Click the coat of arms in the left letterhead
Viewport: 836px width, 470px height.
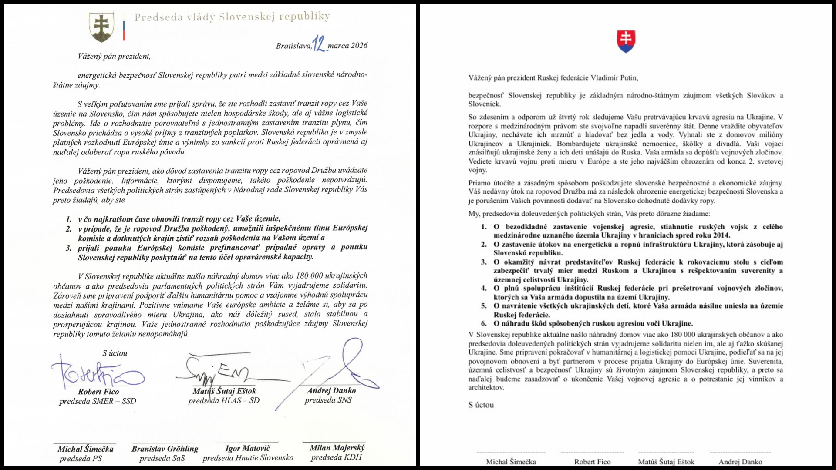pos(101,27)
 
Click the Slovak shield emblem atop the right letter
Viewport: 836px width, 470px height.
pos(626,41)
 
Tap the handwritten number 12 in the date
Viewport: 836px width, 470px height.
pos(320,44)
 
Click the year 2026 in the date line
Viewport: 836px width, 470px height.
pos(359,46)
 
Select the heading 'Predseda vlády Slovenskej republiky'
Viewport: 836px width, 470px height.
pos(232,17)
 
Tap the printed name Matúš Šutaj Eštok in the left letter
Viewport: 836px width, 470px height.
pos(224,391)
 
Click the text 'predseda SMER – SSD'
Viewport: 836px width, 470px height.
pos(98,401)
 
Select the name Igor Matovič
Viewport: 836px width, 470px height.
pos(248,448)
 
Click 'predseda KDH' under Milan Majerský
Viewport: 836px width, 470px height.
pos(336,457)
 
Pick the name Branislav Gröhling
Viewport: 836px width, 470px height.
pos(165,449)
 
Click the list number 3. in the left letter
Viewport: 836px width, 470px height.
pos(68,248)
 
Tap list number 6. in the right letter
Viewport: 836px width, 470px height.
pos(484,323)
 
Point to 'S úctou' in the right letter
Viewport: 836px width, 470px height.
pos(481,405)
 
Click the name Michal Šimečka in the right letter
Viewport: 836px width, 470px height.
pos(511,462)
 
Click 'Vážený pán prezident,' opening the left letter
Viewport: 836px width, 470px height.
pos(114,56)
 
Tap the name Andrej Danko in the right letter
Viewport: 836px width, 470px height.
pos(740,462)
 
